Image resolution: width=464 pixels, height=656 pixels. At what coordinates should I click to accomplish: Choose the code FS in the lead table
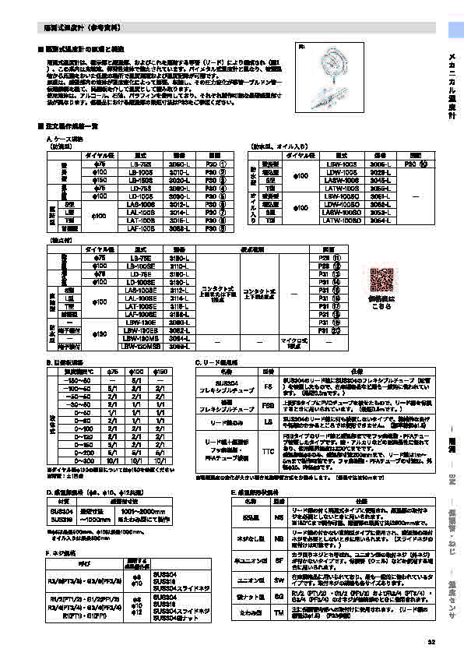click(268, 385)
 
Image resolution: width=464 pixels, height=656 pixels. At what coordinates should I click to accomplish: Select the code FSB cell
click(268, 406)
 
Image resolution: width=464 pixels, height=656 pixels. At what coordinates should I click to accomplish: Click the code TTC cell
click(268, 450)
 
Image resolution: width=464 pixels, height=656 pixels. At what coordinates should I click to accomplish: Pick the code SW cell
click(279, 580)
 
